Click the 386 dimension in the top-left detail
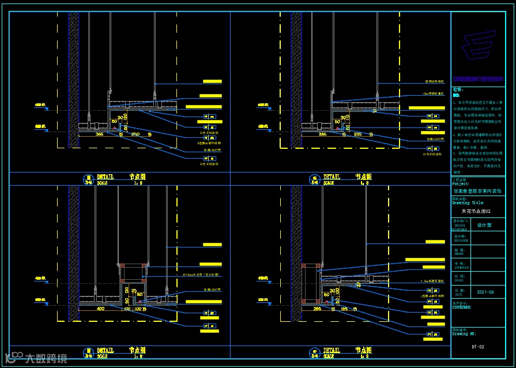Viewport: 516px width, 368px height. click(x=99, y=134)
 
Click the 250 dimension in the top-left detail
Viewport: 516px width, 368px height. click(x=135, y=134)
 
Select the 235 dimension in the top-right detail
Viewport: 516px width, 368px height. click(x=357, y=134)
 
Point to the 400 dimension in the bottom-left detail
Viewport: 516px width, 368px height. click(x=100, y=309)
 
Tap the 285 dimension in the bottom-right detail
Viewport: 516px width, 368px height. click(x=317, y=309)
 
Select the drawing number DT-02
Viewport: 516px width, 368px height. click(x=478, y=347)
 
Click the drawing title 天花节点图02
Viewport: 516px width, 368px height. click(x=477, y=212)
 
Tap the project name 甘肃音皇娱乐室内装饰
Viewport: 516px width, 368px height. click(x=477, y=190)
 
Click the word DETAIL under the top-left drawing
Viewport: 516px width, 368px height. click(x=106, y=177)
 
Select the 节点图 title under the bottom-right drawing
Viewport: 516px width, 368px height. click(x=364, y=350)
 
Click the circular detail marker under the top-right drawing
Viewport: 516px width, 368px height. click(x=315, y=179)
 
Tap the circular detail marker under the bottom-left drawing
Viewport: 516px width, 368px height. click(x=88, y=352)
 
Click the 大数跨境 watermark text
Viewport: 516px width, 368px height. click(x=46, y=359)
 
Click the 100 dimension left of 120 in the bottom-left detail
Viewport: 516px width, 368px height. click(x=127, y=309)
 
